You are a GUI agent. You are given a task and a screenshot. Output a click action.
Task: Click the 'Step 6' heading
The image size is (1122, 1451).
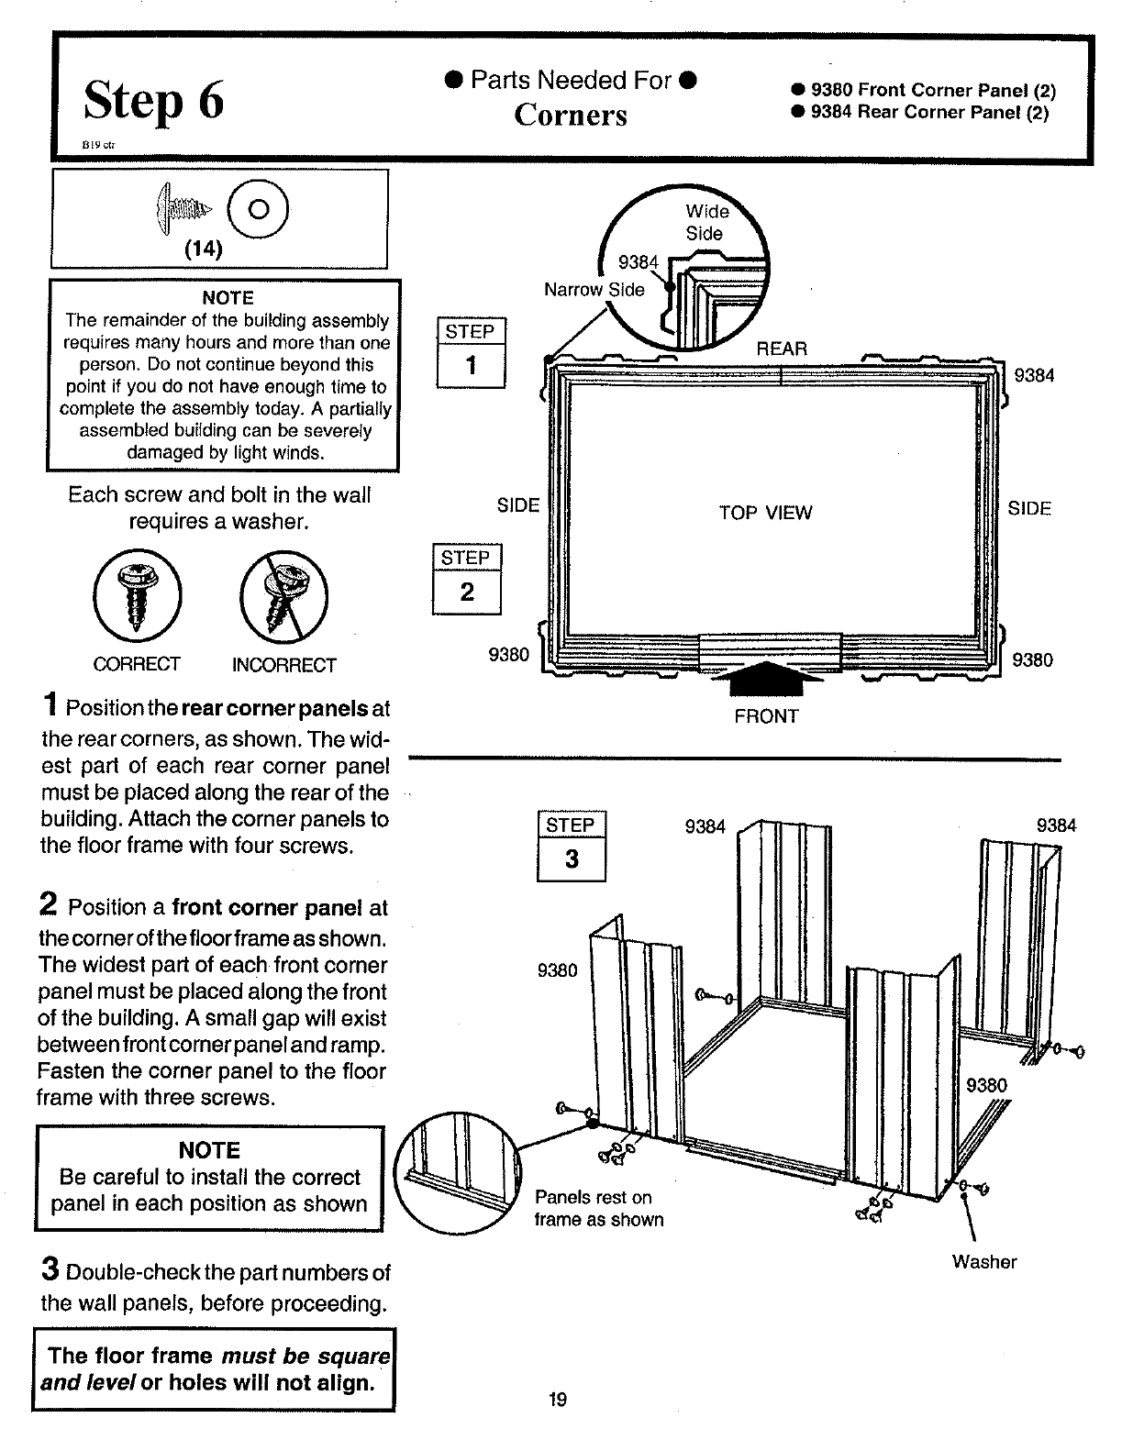click(153, 101)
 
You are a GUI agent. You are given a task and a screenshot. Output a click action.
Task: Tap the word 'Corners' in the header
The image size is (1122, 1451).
click(571, 116)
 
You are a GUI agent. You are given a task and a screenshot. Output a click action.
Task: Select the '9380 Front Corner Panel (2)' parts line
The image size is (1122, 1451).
click(925, 91)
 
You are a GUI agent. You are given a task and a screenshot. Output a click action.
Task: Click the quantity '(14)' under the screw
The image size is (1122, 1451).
click(204, 249)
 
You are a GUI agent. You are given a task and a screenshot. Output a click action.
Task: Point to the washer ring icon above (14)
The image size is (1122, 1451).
click(260, 209)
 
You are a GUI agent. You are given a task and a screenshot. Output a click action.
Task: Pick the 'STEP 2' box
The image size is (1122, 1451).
click(467, 580)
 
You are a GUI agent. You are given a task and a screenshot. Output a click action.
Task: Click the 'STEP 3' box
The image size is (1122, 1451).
click(571, 847)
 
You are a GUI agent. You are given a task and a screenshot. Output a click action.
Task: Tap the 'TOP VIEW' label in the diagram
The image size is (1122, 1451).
click(765, 513)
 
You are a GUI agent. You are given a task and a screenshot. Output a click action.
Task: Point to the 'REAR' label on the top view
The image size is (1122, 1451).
click(782, 349)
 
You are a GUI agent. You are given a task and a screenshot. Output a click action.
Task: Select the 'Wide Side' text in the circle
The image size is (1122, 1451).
click(706, 223)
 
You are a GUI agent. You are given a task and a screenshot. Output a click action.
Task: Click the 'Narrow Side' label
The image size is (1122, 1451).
click(594, 290)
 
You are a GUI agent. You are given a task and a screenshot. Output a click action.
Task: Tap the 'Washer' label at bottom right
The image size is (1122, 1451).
click(983, 1262)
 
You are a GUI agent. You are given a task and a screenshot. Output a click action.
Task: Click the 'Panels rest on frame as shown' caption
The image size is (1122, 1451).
click(598, 1209)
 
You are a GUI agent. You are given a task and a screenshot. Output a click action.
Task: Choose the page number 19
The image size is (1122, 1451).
click(557, 1400)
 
